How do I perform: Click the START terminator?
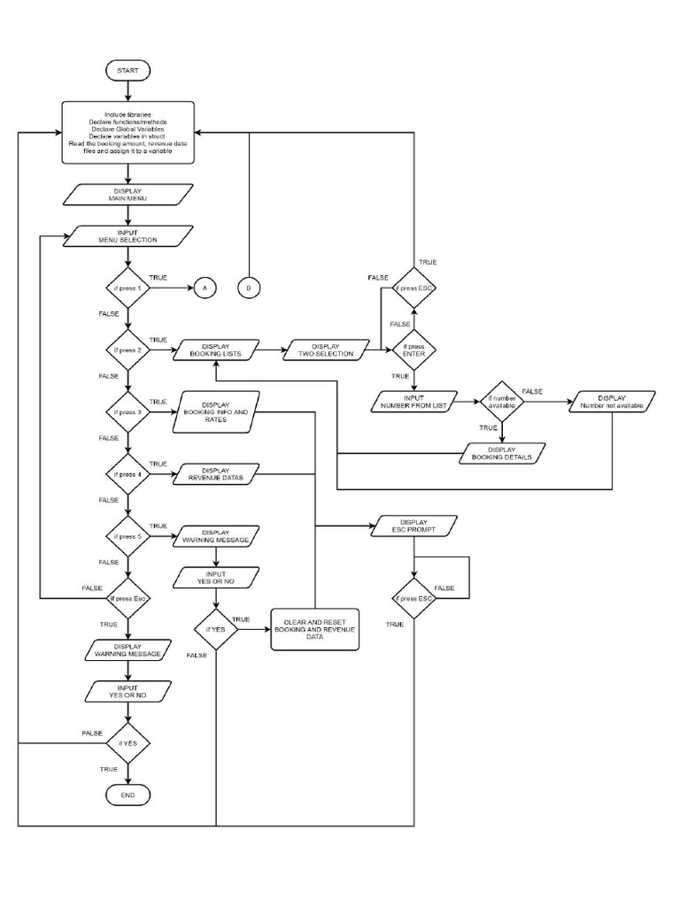[x=128, y=70]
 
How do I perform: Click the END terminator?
[x=128, y=796]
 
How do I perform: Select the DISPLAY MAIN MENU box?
[x=128, y=195]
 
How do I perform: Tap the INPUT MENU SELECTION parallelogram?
[x=128, y=236]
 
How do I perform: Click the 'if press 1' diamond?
[x=128, y=288]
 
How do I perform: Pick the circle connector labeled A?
[x=204, y=288]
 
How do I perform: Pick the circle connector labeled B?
[x=250, y=288]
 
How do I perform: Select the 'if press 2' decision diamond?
[x=128, y=350]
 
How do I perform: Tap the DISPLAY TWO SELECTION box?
[x=325, y=350]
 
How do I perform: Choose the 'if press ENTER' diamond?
[x=414, y=350]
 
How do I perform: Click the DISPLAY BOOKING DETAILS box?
[x=502, y=453]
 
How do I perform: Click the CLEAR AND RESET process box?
[x=316, y=630]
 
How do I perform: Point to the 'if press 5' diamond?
[x=128, y=536]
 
